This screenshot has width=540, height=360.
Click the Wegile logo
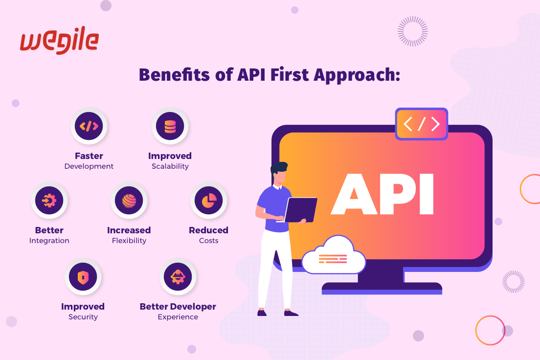pos(60,40)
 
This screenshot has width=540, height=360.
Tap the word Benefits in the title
pos(174,75)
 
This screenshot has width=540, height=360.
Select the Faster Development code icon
pos(89,126)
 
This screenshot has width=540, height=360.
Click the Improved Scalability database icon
pos(170,126)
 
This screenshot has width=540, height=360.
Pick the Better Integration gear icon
pos(49,201)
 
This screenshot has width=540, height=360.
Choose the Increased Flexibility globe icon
pos(129,201)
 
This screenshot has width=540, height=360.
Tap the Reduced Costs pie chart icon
pos(209,201)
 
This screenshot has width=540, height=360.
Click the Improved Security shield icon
pos(83,277)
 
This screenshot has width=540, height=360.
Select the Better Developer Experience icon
pos(178,277)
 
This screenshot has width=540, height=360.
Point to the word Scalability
pos(170,166)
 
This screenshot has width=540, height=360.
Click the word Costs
pos(209,241)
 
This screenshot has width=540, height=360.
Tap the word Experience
pos(178,317)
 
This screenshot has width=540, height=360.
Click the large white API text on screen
pos(382,194)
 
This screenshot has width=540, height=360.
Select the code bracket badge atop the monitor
pos(422,124)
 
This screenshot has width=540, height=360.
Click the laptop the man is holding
pos(300,210)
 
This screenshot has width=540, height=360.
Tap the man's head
pos(279,173)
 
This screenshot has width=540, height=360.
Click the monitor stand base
pos(382,289)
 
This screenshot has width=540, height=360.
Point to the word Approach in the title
pos(357,75)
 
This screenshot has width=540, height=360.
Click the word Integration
pos(49,241)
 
